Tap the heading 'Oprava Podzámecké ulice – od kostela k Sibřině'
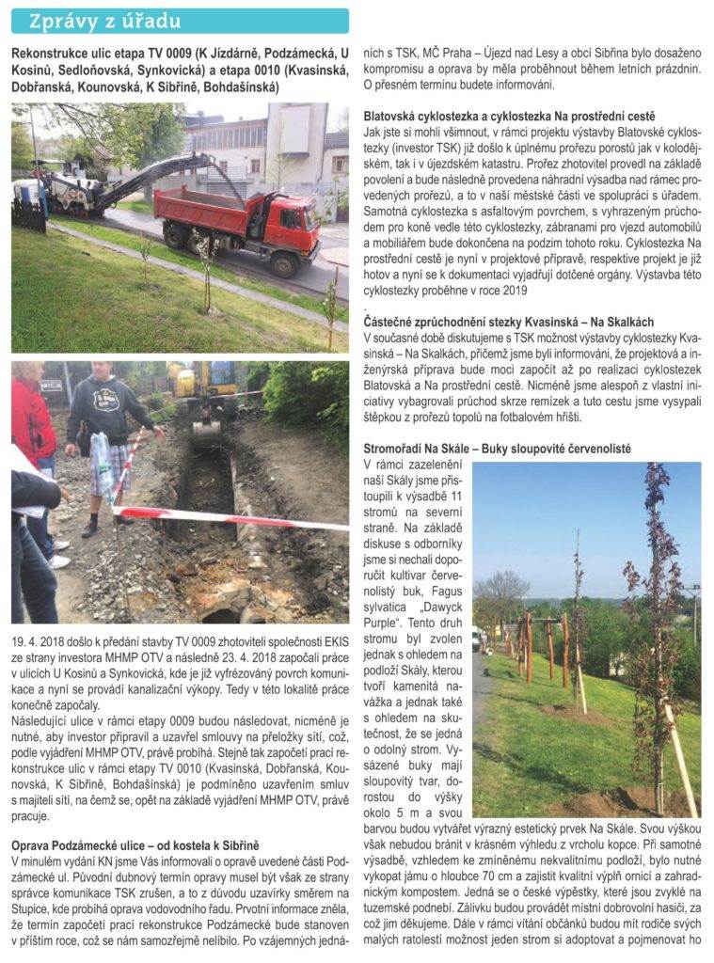[x=135, y=845]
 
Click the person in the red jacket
[x=34, y=442]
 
